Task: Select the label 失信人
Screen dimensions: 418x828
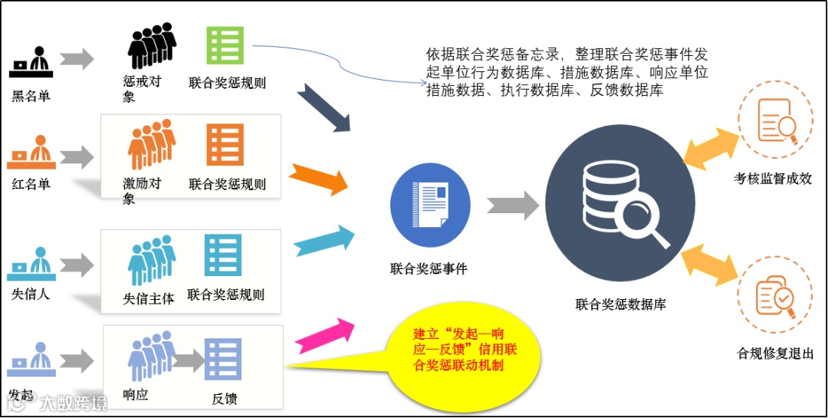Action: pos(31,292)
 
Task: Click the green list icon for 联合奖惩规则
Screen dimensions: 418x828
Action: pos(225,45)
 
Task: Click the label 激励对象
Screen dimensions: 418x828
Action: pos(141,191)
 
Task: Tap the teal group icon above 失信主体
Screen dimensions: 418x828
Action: pos(150,260)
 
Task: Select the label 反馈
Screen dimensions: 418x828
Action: pos(225,398)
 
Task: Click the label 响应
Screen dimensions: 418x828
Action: pos(136,394)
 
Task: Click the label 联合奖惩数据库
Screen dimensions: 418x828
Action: pos(620,304)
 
